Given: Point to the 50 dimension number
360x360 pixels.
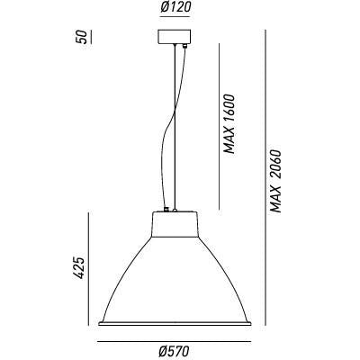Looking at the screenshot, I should coord(82,40).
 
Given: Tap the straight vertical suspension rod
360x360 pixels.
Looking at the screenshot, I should coord(172,126).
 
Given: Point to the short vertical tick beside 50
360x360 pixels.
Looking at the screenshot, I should coord(93,40).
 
